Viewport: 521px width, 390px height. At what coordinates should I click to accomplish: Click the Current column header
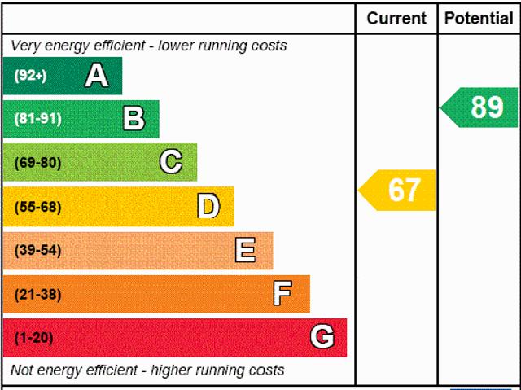[x=396, y=18]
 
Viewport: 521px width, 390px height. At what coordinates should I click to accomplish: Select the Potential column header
[x=479, y=18]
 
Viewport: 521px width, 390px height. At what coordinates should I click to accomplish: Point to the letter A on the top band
[x=96, y=76]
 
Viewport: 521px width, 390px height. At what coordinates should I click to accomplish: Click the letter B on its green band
[x=134, y=119]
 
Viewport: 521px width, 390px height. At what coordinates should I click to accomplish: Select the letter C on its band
[x=171, y=162]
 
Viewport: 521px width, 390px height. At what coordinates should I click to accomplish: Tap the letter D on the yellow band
[x=208, y=206]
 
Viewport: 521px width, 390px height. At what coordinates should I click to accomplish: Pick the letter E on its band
[x=245, y=250]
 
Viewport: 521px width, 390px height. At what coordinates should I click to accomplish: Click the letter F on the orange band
[x=282, y=294]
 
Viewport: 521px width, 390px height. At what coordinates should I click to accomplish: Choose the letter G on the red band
[x=322, y=337]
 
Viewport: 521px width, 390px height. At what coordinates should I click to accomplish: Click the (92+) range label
[x=31, y=76]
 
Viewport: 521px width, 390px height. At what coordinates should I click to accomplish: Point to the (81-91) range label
[x=37, y=119]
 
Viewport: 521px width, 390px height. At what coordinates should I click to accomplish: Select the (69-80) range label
[x=37, y=163]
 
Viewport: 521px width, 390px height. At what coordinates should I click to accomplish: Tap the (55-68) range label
[x=37, y=207]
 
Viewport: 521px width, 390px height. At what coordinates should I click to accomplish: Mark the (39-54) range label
[x=37, y=251]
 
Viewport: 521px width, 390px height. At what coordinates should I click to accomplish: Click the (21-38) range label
[x=37, y=294]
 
